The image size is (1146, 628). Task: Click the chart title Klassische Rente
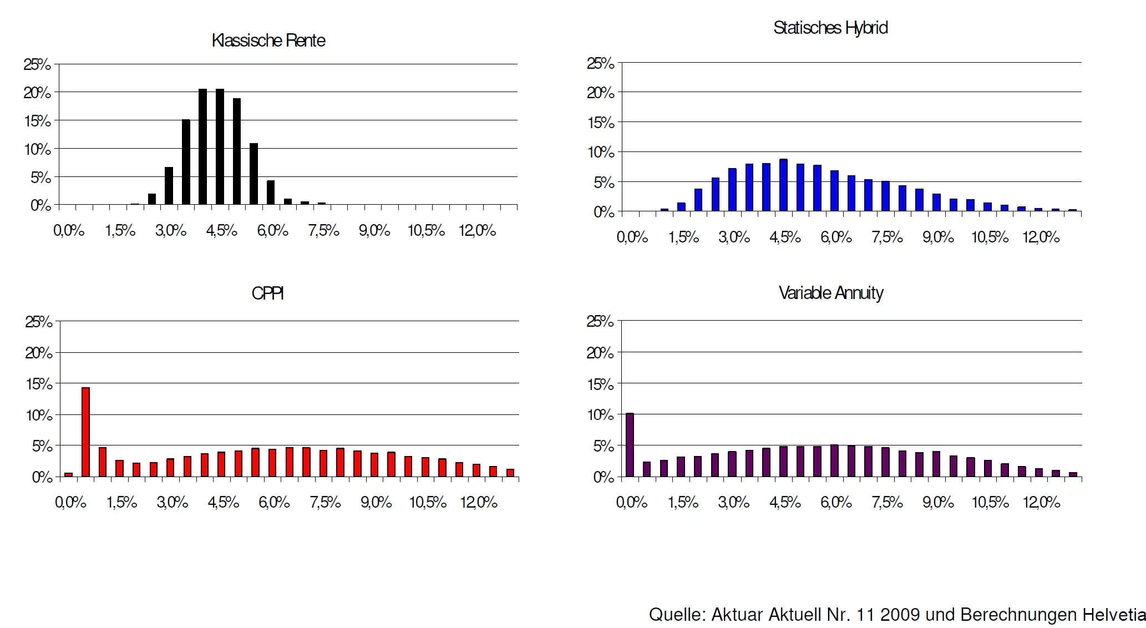click(x=268, y=40)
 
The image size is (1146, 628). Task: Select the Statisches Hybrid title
click(x=830, y=28)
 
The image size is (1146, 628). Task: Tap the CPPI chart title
click(x=267, y=293)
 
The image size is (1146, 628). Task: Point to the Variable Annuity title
click(x=831, y=293)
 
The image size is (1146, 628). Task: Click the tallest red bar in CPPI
click(x=85, y=432)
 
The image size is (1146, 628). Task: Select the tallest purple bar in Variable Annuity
click(x=630, y=444)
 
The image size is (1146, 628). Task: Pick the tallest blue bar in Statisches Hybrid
click(x=783, y=185)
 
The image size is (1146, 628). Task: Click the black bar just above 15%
click(x=186, y=162)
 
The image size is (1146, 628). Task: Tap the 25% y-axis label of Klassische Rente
click(x=37, y=64)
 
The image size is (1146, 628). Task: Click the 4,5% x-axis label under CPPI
click(x=224, y=502)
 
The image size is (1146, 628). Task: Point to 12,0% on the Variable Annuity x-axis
click(x=1041, y=502)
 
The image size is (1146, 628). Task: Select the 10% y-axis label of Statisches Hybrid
click(x=601, y=152)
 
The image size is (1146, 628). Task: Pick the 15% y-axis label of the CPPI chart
click(x=39, y=384)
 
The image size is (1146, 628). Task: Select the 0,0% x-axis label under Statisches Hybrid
click(x=632, y=237)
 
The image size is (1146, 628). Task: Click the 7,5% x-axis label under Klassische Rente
click(x=324, y=230)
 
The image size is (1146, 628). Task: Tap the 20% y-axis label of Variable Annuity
click(x=600, y=353)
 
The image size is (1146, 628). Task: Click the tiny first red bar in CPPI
click(x=68, y=474)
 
